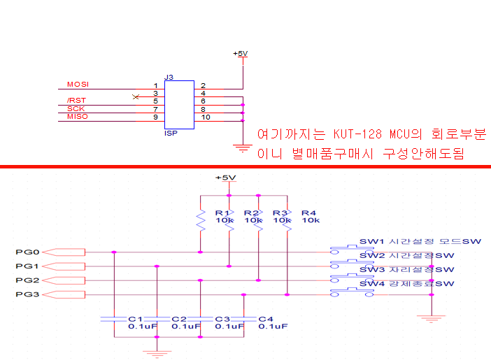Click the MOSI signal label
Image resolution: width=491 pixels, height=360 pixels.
pyautogui.click(x=77, y=85)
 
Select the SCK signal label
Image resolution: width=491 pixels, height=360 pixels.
pyautogui.click(x=76, y=109)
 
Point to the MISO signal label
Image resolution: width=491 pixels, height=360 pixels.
pyautogui.click(x=77, y=117)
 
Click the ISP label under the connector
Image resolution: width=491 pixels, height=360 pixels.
pyautogui.click(x=169, y=133)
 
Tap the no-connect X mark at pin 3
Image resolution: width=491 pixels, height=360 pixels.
pyautogui.click(x=136, y=96)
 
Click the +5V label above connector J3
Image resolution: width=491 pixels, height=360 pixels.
pyautogui.click(x=240, y=54)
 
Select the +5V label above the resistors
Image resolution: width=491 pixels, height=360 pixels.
pyautogui.click(x=225, y=178)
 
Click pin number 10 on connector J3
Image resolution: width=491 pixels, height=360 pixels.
pyautogui.click(x=206, y=117)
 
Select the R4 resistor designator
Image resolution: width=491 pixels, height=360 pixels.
pyautogui.click(x=308, y=213)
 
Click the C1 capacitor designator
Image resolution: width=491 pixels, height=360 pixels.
pyautogui.click(x=136, y=319)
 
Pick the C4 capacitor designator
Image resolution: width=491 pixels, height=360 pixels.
pyautogui.click(x=266, y=319)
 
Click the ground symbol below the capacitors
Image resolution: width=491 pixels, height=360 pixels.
pyautogui.click(x=157, y=352)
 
